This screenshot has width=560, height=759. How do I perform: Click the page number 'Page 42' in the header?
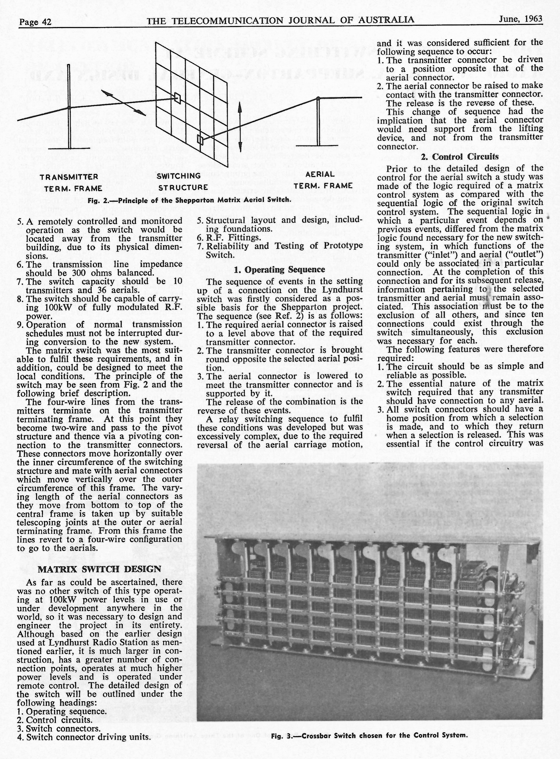pyautogui.click(x=35, y=22)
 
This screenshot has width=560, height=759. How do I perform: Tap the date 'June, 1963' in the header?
pyautogui.click(x=520, y=19)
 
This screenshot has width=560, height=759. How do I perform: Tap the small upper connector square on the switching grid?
pyautogui.click(x=177, y=98)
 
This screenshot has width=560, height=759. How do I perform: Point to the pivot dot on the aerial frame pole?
pyautogui.click(x=318, y=99)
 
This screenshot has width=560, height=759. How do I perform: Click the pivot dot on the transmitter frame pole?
pyautogui.click(x=69, y=107)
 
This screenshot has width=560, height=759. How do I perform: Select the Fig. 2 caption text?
pyautogui.click(x=189, y=200)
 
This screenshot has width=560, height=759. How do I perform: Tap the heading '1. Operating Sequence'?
pyautogui.click(x=279, y=269)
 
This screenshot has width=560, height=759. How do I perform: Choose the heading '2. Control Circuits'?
pyautogui.click(x=460, y=156)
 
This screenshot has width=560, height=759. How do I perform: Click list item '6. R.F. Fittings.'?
pyautogui.click(x=229, y=237)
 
